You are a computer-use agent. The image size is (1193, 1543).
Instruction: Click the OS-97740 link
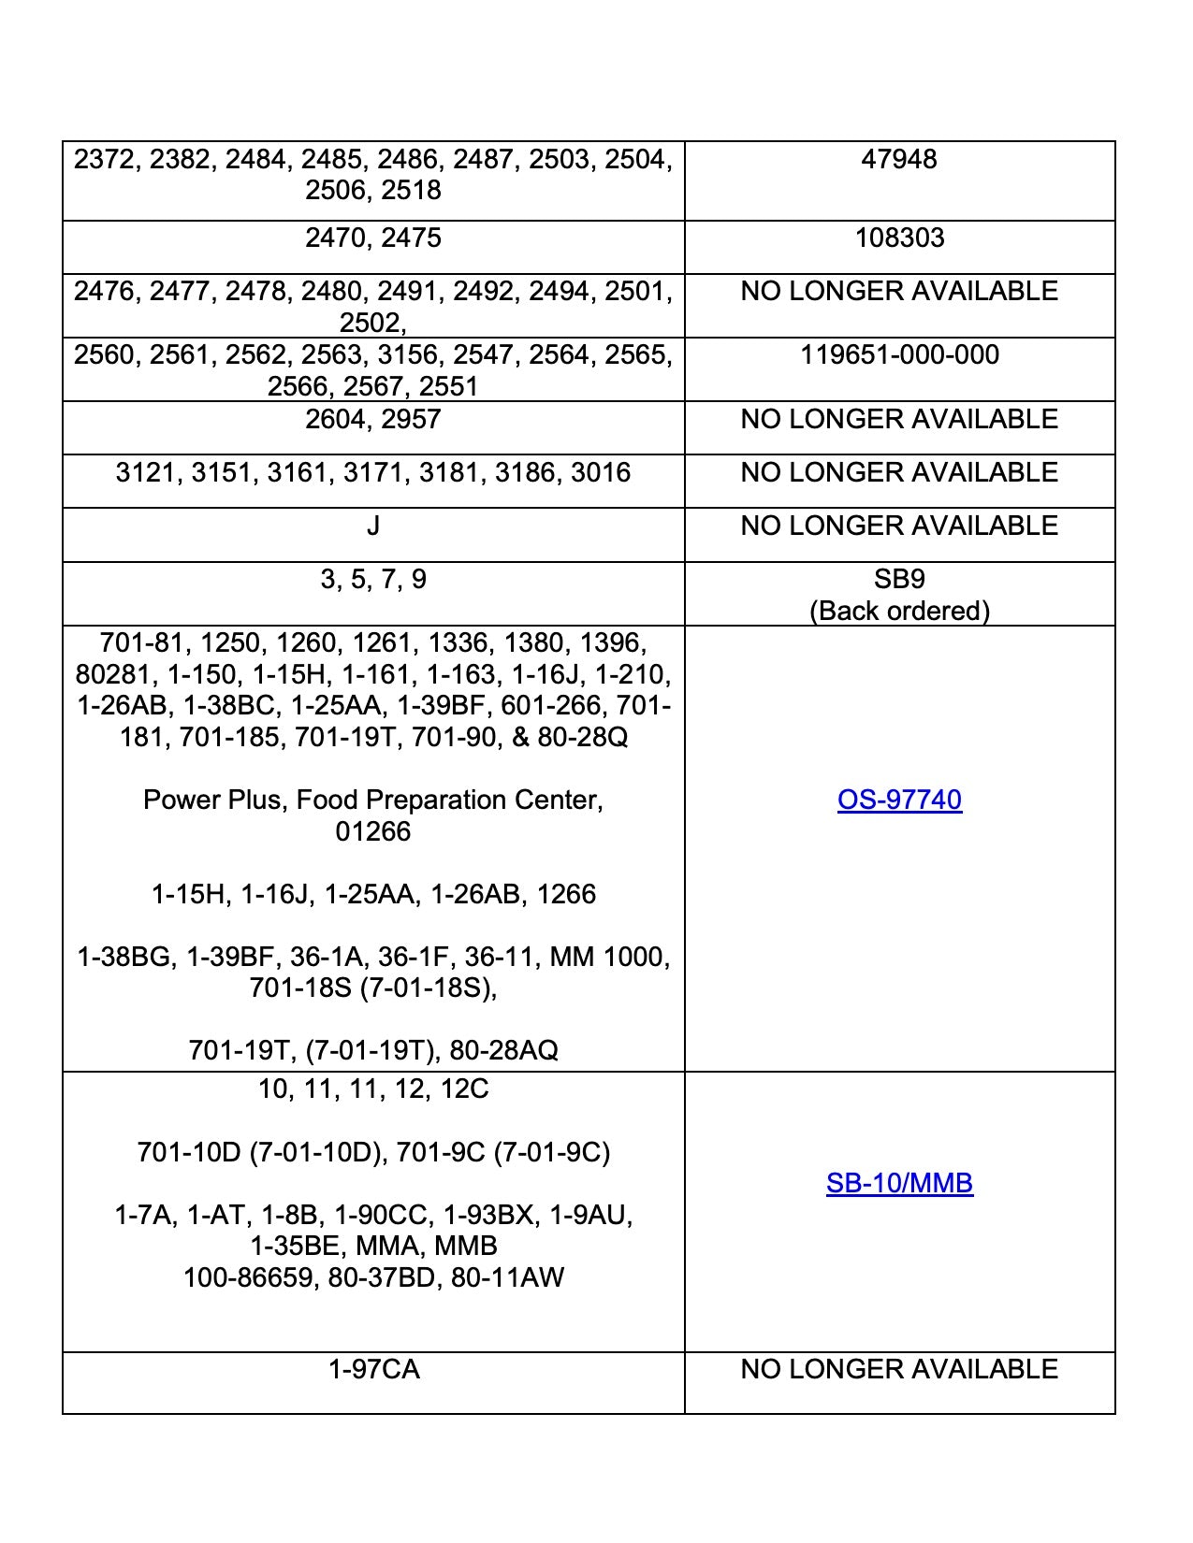coord(899,800)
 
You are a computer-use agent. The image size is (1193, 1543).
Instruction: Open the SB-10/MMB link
coord(899,1184)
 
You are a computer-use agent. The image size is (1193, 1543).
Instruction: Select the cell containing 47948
coord(899,160)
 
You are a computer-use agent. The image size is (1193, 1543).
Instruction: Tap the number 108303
coord(899,238)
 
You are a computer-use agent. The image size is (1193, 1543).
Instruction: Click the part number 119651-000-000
coord(899,355)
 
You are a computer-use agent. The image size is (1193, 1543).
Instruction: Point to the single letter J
coord(373,526)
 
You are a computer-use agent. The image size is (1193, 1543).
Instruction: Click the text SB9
coord(899,580)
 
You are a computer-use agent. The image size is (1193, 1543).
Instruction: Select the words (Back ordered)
coord(899,612)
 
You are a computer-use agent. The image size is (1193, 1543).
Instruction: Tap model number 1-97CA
coord(373,1370)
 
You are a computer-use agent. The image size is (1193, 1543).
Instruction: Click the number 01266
coord(373,832)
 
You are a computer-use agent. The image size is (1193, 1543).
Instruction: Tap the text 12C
coord(465,1090)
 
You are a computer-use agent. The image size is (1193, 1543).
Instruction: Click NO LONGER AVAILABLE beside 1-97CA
coord(899,1370)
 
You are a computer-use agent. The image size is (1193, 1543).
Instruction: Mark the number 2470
coord(335,238)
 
